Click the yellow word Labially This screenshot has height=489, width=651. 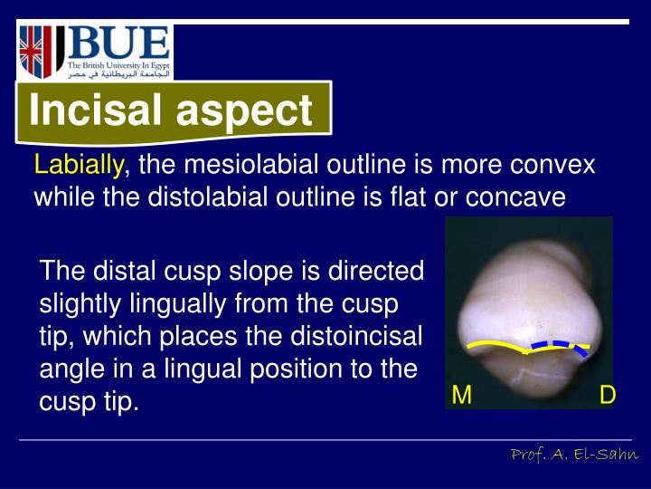[x=79, y=166]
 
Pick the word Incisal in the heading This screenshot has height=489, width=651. [x=96, y=111]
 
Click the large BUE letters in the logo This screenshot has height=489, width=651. [x=118, y=43]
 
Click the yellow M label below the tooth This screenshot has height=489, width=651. [x=462, y=395]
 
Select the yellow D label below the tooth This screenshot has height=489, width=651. [x=608, y=395]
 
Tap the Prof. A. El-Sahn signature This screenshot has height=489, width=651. [x=574, y=454]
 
